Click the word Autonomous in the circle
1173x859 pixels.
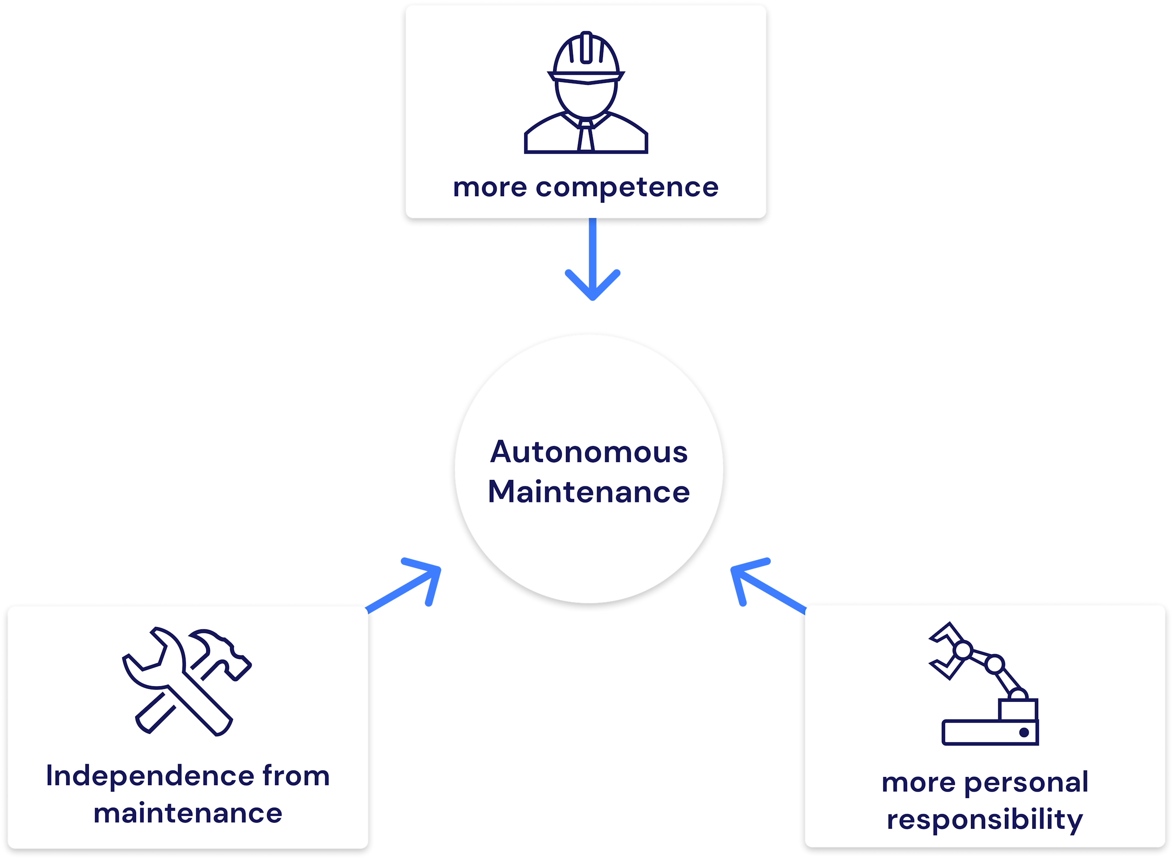point(588,452)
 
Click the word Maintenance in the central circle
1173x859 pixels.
point(588,492)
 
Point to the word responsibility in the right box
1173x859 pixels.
point(984,820)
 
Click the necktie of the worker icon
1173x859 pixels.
point(586,136)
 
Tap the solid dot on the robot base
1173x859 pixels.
point(1024,732)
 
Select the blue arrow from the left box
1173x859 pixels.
point(411,585)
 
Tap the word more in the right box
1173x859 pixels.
point(918,783)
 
